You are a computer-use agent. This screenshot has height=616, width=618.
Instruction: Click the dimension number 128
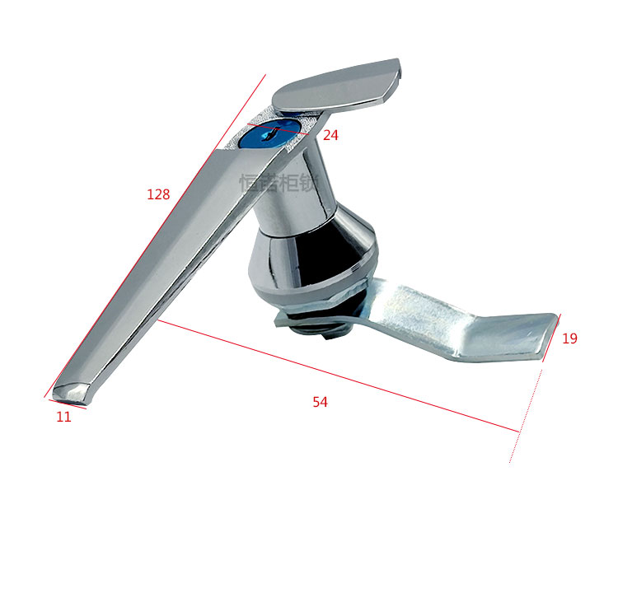click(x=158, y=194)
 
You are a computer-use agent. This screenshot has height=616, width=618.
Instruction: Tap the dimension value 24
click(x=330, y=135)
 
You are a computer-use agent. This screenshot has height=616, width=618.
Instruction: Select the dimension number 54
click(x=321, y=402)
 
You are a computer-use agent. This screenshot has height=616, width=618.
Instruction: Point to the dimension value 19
click(x=569, y=338)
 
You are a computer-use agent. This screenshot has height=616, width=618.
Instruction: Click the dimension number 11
click(x=63, y=417)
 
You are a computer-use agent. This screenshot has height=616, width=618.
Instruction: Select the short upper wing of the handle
click(x=338, y=84)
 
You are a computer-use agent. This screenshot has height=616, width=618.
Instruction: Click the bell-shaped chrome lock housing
click(x=313, y=259)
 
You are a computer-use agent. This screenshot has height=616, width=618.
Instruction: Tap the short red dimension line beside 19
click(x=550, y=338)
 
